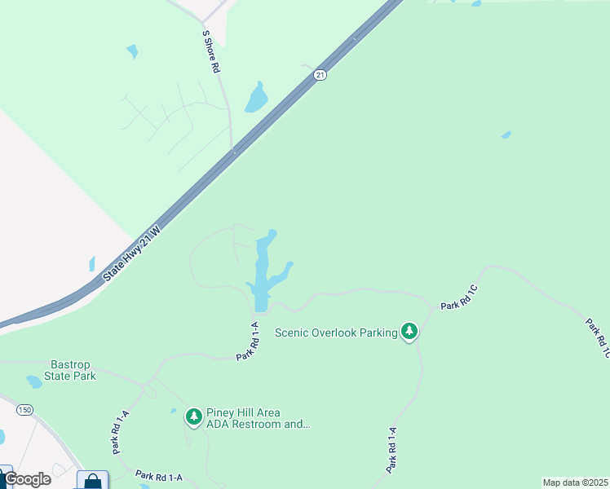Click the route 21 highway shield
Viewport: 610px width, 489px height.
(320, 75)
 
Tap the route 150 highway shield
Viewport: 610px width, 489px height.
(24, 409)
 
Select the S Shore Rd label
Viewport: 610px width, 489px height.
(211, 53)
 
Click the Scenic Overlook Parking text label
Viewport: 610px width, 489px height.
(336, 332)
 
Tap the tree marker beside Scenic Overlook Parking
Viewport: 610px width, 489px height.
(409, 331)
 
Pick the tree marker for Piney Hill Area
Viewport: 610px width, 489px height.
(194, 417)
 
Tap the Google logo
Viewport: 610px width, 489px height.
(27, 479)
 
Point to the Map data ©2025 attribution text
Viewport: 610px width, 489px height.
(575, 482)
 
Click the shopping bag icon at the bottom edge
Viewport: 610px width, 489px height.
(93, 482)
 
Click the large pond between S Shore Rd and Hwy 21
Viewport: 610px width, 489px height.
(257, 99)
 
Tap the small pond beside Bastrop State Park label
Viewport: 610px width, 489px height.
(34, 381)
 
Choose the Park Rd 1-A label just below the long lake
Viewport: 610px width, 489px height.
(247, 341)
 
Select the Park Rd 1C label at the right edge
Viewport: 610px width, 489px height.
(598, 338)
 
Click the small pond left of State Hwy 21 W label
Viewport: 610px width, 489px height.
(92, 264)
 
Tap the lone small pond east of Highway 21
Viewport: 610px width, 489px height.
(506, 134)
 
